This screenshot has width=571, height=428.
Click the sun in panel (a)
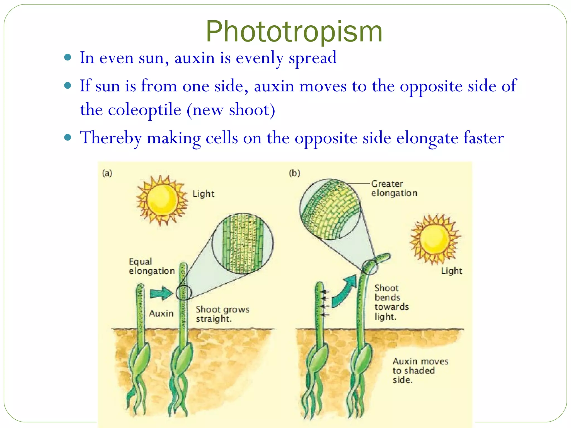point(162,200)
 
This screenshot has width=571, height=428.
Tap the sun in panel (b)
point(434,239)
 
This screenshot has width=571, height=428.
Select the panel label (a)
point(107,173)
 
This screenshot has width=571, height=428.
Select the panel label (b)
point(294,173)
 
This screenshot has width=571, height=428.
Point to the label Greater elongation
point(394,188)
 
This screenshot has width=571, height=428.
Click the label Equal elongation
point(151,266)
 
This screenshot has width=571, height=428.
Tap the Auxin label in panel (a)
point(161,313)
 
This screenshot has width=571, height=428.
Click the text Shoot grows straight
point(222,314)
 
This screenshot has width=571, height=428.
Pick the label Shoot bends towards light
point(391,302)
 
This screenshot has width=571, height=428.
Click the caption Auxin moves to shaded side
point(420,371)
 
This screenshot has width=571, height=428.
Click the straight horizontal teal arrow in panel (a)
point(161,293)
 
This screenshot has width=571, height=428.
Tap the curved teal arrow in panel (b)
point(344,291)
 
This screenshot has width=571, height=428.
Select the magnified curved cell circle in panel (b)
point(330,209)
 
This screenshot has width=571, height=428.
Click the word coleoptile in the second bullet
point(144,110)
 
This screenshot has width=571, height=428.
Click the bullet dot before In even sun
point(68,58)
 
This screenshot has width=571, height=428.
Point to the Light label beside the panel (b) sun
point(451,271)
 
